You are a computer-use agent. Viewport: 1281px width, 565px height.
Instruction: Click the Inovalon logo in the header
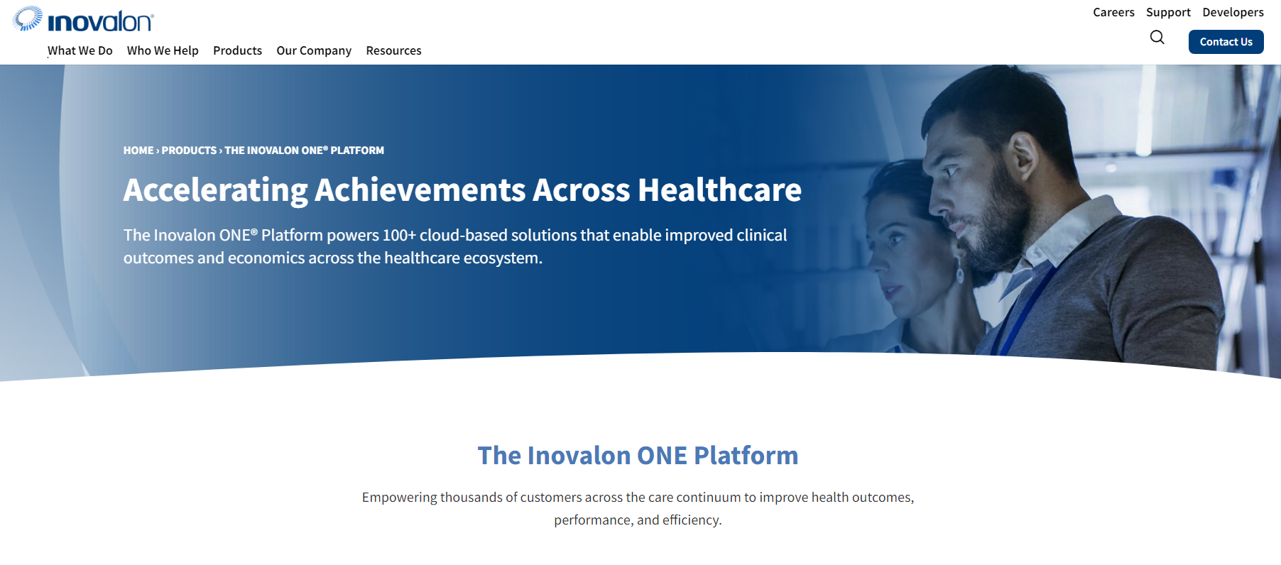coord(83,19)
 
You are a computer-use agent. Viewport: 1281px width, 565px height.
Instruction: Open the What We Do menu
coord(80,50)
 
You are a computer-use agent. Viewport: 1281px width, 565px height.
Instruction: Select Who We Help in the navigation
coord(163,50)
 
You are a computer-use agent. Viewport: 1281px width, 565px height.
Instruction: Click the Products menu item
coord(237,50)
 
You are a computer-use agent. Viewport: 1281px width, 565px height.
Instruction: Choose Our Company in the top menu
coord(314,50)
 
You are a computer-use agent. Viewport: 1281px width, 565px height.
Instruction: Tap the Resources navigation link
coord(393,50)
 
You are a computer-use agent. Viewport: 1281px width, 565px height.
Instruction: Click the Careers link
coord(1113,12)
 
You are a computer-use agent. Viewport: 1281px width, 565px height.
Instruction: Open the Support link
coord(1168,12)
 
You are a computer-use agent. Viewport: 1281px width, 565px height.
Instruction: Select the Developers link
coord(1233,12)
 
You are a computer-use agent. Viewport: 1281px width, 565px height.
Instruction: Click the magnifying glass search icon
coord(1157,38)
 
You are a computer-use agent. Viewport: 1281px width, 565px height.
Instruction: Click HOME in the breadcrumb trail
coord(138,150)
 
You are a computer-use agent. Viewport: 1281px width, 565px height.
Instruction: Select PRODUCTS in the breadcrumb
coord(189,150)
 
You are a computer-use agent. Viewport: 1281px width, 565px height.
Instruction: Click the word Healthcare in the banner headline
coord(719,190)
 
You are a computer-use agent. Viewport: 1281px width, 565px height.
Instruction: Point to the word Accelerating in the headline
coord(215,191)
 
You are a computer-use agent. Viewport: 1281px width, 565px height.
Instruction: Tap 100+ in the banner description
coord(399,235)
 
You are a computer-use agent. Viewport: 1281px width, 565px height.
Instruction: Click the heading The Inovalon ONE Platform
coord(638,456)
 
